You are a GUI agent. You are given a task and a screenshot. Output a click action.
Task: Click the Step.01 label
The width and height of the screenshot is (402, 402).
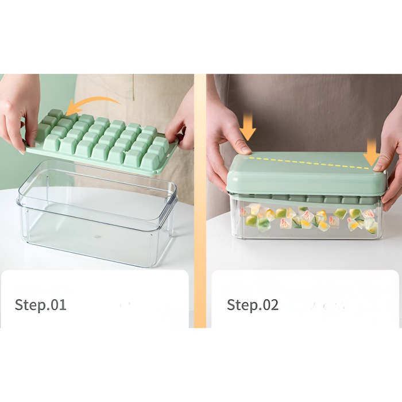40,305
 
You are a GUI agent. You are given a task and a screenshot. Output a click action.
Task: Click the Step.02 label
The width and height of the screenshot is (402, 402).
253,305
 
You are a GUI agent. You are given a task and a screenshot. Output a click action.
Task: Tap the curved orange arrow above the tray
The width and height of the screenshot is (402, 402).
92,104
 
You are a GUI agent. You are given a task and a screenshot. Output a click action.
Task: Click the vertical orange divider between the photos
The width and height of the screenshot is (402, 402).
200,201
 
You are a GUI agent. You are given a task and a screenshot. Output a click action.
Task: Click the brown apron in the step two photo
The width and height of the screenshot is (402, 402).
310,109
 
